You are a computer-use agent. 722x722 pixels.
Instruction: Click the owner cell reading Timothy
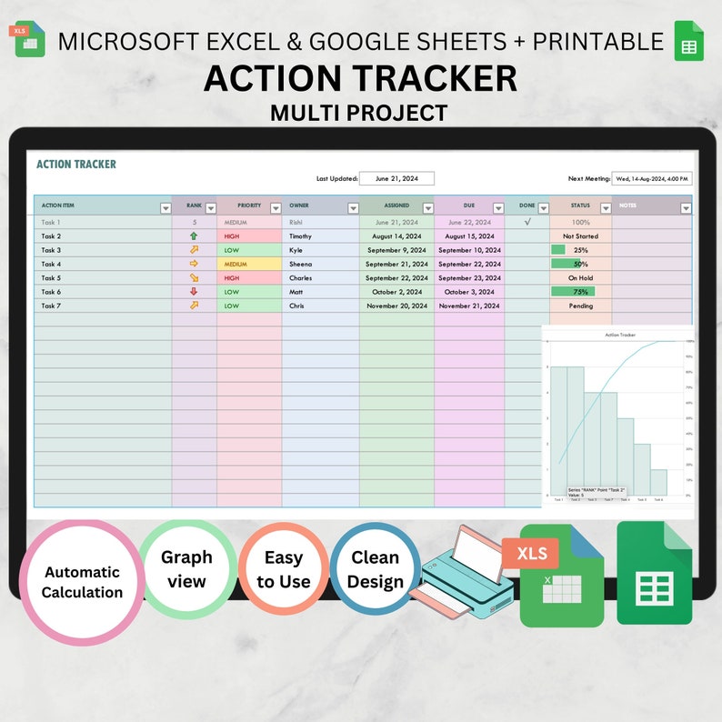coord(300,236)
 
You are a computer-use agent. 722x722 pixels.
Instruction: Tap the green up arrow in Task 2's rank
coord(194,236)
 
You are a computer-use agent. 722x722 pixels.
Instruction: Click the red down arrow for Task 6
coord(194,292)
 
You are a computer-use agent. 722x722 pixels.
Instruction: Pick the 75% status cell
coord(580,292)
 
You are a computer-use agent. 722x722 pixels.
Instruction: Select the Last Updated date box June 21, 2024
coord(396,179)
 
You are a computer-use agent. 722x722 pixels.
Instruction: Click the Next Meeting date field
coord(651,179)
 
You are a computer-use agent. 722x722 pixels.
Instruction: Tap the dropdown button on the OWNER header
coord(352,208)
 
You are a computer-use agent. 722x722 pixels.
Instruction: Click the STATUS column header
coord(580,206)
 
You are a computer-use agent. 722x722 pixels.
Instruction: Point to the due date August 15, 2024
coord(468,236)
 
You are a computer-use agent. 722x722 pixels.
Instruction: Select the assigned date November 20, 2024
coord(396,306)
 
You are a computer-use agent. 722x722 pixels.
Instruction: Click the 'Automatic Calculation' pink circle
coord(82,582)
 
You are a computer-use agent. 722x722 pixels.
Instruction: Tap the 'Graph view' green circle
coord(186,568)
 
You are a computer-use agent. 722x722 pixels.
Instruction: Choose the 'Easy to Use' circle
coord(283,570)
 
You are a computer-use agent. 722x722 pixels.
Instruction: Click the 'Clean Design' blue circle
coord(375,570)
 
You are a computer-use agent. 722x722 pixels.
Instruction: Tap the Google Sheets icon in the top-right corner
coord(688,41)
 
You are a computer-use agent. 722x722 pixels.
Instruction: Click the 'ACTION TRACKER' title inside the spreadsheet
coord(76,165)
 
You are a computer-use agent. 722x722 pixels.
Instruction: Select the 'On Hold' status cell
coord(580,278)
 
